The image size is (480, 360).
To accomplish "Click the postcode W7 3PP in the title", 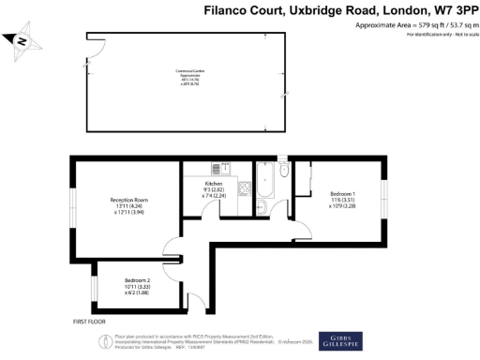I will (450, 11).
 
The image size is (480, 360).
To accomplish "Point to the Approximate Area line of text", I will (410, 25).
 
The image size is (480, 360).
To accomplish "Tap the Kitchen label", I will (215, 183).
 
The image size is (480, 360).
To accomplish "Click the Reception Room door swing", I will (173, 248).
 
